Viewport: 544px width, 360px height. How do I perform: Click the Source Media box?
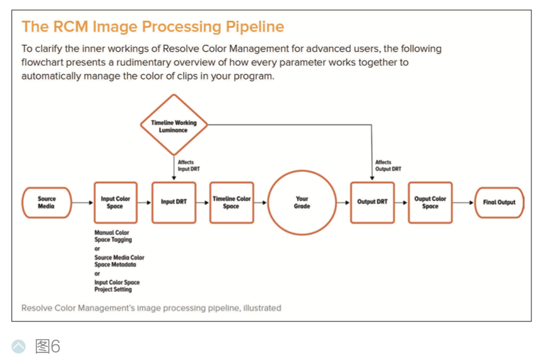[x=47, y=203]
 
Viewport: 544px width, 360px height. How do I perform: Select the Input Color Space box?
[x=115, y=203]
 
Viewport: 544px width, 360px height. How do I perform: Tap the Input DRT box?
[x=174, y=203]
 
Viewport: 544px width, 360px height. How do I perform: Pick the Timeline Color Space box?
[x=231, y=203]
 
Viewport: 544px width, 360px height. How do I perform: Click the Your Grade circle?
[x=302, y=203]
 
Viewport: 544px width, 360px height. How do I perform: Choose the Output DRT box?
[x=372, y=203]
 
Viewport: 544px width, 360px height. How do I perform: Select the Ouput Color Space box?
[x=430, y=203]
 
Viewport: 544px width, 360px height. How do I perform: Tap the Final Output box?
[x=499, y=203]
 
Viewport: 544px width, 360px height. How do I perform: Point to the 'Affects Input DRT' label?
[x=188, y=165]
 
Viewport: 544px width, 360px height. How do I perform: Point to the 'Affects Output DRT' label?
[x=387, y=165]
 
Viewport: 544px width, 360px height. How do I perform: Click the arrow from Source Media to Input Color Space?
[x=83, y=203]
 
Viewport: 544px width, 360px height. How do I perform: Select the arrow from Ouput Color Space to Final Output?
[x=463, y=203]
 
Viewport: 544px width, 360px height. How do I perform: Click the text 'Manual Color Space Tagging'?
[x=112, y=237]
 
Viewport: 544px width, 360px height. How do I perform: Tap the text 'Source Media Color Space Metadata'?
[x=119, y=261]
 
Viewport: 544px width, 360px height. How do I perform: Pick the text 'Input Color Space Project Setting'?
[x=117, y=286]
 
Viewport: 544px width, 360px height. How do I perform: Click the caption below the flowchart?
[x=151, y=308]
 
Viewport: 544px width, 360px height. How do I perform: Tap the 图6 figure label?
[x=47, y=346]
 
